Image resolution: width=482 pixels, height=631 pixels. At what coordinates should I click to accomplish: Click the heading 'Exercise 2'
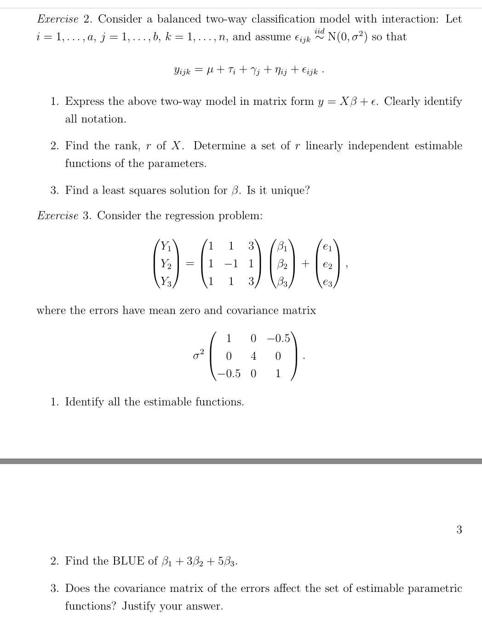[64, 19]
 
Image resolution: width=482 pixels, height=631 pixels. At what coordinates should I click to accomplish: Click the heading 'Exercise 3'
[64, 216]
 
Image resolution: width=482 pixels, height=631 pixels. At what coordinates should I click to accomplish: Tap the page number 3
[459, 529]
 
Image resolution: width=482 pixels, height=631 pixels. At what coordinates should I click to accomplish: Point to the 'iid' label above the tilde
[319, 30]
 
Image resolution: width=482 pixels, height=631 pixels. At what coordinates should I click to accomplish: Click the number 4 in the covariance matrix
[253, 356]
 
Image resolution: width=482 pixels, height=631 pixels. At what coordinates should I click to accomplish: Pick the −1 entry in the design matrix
[231, 264]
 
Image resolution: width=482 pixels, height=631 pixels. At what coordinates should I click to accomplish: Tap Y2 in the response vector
[166, 264]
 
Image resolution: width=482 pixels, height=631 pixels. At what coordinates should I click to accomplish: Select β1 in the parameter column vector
[282, 246]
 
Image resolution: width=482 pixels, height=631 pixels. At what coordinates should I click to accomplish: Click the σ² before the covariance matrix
[198, 355]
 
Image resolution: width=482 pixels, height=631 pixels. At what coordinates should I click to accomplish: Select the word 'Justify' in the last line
[140, 606]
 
